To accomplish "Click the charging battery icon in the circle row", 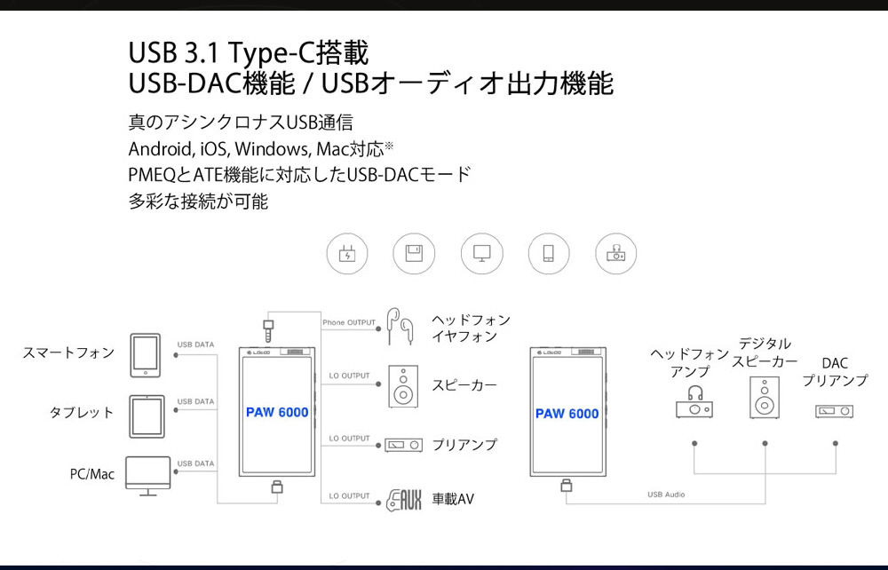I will pos(346,254).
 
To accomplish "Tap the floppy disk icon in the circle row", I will pos(414,254).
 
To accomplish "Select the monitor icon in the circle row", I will pos(481,254).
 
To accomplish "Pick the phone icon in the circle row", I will pos(549,254).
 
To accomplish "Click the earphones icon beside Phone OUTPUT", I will pos(400,326).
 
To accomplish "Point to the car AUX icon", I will pos(403,500).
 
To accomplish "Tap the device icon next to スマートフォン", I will pos(144,352).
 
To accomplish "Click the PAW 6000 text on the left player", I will pos(277,413).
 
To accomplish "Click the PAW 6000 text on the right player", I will pos(567,413).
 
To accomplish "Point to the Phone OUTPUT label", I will pos(349,322).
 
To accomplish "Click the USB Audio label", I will pos(666,495).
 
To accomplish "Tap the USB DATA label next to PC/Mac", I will pos(195,463).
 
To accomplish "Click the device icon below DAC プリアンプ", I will pos(835,411).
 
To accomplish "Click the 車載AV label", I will pos(453,500).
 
